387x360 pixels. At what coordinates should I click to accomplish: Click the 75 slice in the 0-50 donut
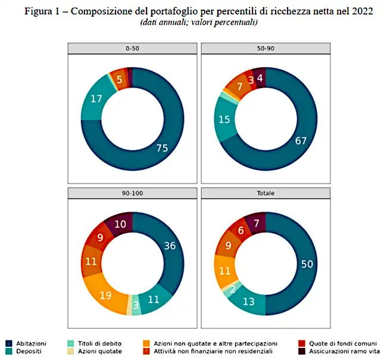point(162,148)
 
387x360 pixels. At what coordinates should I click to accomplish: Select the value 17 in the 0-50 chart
point(96,99)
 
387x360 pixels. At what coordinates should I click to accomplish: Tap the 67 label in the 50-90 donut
point(301,141)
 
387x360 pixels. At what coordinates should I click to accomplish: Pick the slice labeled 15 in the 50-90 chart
point(224,120)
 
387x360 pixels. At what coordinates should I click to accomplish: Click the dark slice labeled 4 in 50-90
point(260,78)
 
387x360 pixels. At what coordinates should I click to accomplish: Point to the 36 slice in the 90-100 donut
point(170,246)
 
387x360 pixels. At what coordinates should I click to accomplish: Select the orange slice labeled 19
point(105,295)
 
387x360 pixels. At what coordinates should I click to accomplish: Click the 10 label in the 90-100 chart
point(120,224)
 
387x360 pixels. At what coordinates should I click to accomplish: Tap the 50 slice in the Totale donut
point(307,264)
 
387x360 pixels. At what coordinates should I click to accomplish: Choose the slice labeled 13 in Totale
point(248,302)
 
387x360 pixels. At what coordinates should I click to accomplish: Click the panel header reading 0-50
point(133,48)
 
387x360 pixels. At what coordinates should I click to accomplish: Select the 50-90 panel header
point(266,48)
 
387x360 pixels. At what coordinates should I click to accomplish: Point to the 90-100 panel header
point(133,193)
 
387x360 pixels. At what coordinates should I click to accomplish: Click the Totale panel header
point(266,193)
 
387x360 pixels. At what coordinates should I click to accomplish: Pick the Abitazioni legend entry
point(26,343)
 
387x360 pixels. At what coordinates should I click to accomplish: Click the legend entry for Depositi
point(23,351)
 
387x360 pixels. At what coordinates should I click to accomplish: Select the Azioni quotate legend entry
point(95,351)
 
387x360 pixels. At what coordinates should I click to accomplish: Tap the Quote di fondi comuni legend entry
point(338,343)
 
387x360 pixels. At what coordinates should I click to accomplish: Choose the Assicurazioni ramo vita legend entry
point(339,351)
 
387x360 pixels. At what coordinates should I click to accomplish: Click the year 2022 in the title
point(363,11)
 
